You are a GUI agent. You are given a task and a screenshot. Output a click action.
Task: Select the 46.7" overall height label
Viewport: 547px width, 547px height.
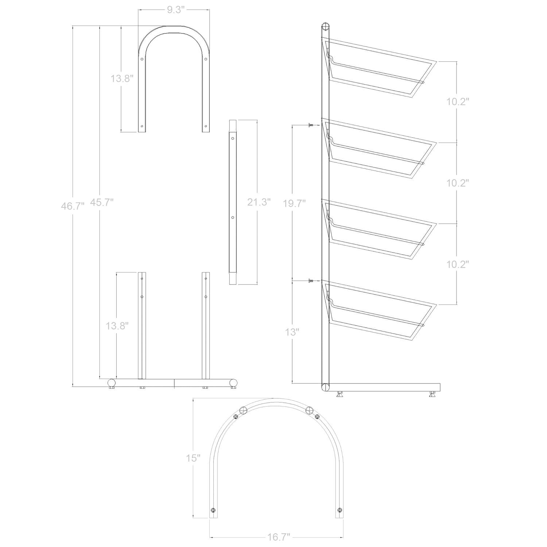coord(73,206)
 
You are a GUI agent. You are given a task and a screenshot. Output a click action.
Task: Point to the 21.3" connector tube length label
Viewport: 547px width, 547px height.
coord(259,202)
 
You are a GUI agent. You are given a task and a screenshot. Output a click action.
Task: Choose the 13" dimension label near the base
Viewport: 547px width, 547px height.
coord(292,332)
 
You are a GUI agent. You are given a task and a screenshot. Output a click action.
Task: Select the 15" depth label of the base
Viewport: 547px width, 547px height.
coord(193,458)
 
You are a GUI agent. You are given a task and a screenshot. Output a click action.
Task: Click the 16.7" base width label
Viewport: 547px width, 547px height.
coord(278,536)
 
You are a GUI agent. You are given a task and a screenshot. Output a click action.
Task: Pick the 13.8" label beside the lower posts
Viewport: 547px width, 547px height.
coord(117,326)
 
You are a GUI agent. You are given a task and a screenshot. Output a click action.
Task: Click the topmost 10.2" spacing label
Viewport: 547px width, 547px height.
coord(457,102)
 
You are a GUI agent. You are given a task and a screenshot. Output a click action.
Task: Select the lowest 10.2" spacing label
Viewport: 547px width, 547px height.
coord(457,264)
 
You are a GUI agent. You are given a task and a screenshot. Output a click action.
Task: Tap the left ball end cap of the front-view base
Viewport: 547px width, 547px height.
coord(112,383)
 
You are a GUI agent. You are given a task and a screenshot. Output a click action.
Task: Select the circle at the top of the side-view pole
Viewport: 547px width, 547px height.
coord(325,27)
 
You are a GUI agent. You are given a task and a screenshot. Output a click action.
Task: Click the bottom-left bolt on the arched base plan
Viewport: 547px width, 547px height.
coord(214,510)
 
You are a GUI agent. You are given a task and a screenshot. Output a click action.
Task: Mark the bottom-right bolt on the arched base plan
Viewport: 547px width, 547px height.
coord(340,510)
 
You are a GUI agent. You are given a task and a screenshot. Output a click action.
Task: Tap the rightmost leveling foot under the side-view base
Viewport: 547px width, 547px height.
coord(432,394)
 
